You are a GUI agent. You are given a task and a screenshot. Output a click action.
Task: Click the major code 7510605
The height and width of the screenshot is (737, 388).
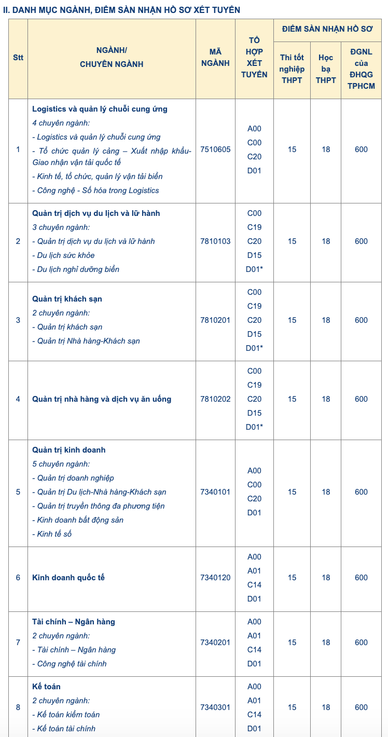coord(215,149)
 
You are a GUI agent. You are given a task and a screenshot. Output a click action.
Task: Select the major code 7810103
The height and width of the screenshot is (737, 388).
coord(215,241)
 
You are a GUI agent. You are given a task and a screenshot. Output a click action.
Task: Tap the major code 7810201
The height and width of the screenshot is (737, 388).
coord(215,320)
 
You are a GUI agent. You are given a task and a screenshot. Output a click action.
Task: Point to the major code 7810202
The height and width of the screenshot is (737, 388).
coord(215,399)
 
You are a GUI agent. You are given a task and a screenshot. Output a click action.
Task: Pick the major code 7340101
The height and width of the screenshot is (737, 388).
coord(215,492)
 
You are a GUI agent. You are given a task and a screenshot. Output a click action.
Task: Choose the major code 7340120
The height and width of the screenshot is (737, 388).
coord(215,578)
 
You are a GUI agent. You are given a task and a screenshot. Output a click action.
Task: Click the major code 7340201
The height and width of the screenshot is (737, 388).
coord(215,643)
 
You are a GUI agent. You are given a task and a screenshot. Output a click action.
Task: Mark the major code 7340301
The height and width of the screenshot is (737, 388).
coord(215,707)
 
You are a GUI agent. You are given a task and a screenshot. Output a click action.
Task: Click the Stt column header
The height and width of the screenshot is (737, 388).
coord(18,58)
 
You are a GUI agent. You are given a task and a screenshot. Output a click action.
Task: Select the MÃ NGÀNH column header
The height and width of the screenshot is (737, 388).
coord(215,58)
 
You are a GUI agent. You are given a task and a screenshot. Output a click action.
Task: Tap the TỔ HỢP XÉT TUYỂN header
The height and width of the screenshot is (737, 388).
coord(254,58)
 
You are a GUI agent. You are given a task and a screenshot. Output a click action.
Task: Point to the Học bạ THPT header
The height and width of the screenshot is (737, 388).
coord(326,69)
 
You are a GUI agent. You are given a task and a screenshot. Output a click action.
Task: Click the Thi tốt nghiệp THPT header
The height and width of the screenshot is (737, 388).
coord(292,69)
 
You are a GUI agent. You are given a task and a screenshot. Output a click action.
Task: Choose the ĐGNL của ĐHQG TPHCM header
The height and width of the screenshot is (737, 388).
coord(362,69)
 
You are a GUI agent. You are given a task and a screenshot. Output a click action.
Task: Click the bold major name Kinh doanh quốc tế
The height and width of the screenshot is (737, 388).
coord(68,578)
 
